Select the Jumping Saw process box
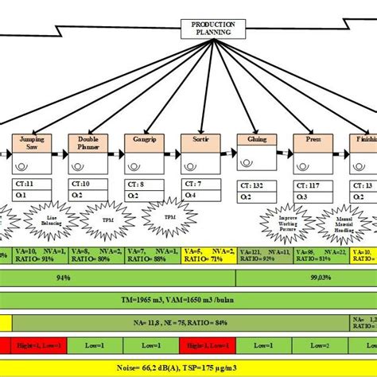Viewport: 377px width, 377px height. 30,145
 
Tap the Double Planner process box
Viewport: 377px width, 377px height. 87,145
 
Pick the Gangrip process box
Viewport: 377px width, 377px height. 143,145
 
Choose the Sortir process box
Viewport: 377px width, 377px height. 199,145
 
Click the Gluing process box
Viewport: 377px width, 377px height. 256,145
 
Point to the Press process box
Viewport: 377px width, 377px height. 313,145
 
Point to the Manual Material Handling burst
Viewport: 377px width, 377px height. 344,223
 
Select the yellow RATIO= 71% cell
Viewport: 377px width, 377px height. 209,256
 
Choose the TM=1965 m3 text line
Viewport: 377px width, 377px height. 189,301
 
